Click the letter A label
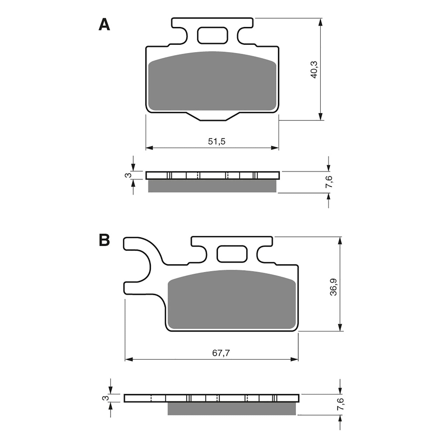coord(104,25)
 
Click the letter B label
coord(104,240)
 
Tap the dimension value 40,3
coord(314,70)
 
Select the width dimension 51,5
coord(217,142)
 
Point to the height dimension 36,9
coord(334,287)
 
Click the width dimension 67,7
coord(221,353)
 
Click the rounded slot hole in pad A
coord(212,35)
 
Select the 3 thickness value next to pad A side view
coord(128,175)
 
